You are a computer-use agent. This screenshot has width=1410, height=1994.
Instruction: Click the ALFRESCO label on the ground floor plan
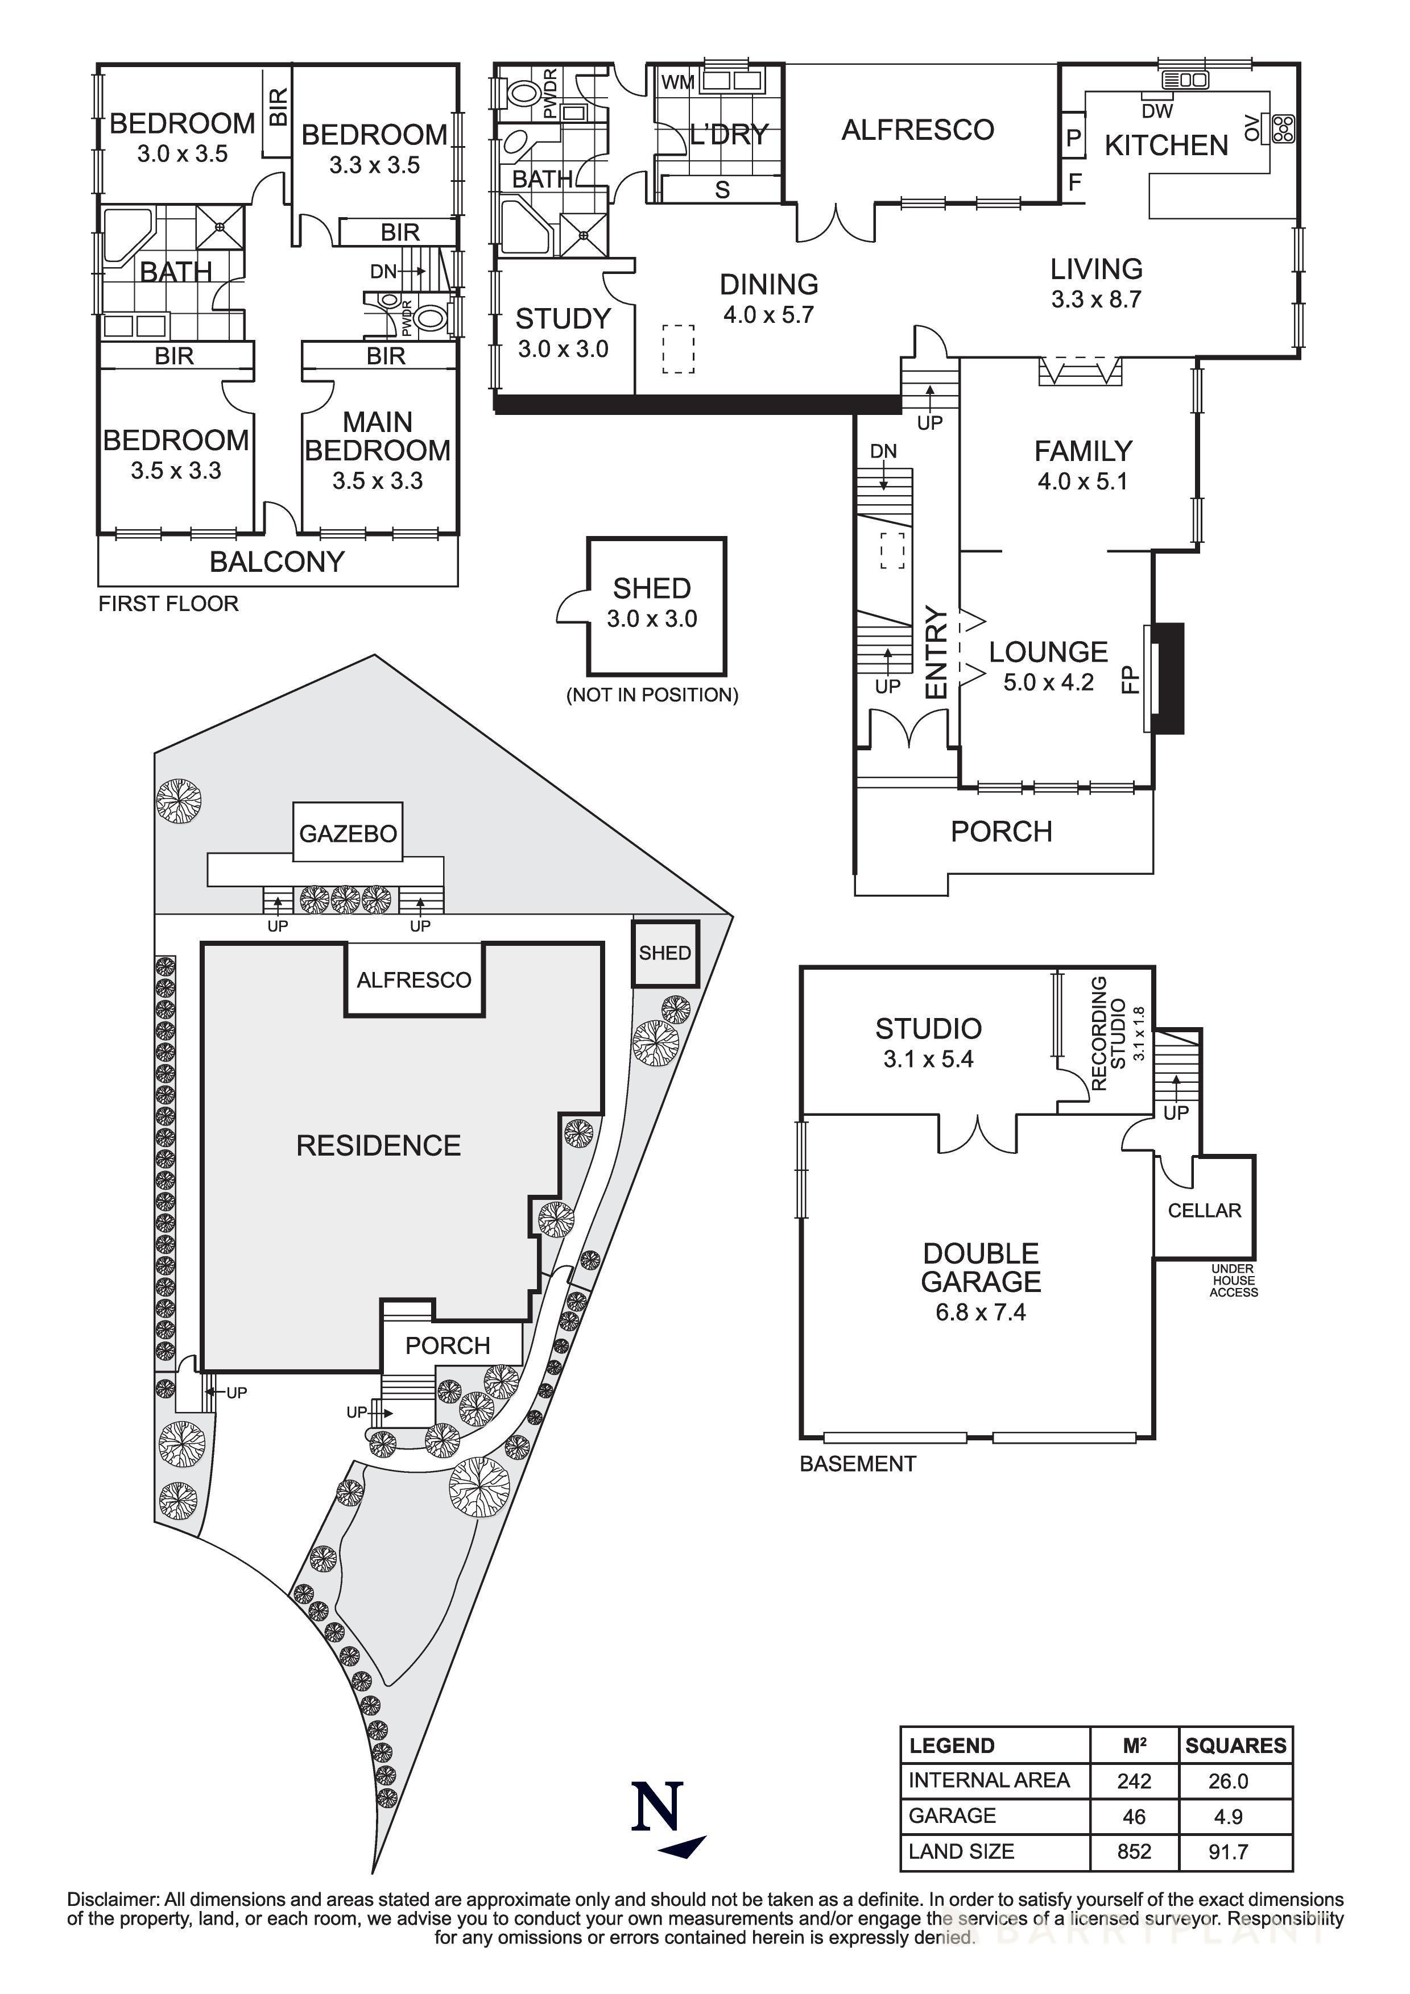pyautogui.click(x=917, y=130)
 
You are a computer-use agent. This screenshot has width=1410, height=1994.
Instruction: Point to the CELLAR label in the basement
pyautogui.click(x=1204, y=1211)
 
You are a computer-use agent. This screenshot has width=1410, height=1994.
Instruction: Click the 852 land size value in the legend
pyautogui.click(x=1134, y=1851)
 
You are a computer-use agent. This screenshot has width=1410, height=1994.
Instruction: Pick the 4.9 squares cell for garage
pyautogui.click(x=1227, y=1816)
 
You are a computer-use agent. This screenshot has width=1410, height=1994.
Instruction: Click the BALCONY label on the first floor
pyautogui.click(x=277, y=562)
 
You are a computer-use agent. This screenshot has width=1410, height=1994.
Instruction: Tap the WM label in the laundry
pyautogui.click(x=677, y=82)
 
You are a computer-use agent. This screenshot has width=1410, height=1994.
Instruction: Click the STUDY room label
pyautogui.click(x=563, y=319)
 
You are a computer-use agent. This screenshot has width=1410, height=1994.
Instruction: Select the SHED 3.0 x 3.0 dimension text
pyautogui.click(x=652, y=619)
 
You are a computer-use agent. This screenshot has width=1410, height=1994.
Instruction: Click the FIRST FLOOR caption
pyautogui.click(x=168, y=604)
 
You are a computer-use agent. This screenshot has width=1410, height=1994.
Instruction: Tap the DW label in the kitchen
pyautogui.click(x=1157, y=111)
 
